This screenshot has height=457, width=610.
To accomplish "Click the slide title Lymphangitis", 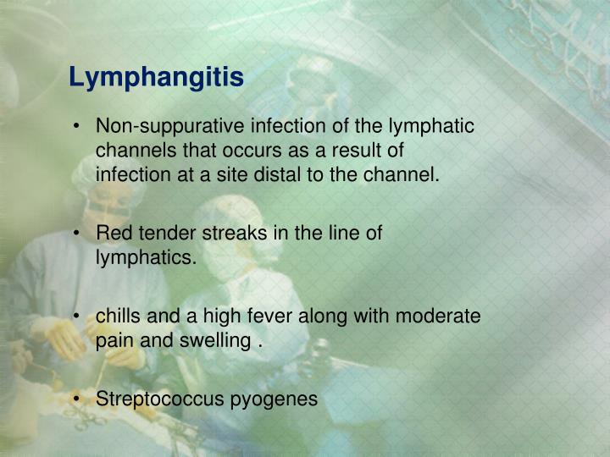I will point(156,77).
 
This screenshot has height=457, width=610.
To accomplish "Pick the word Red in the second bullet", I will point(112,234).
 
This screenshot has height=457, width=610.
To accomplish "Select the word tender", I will point(158,234).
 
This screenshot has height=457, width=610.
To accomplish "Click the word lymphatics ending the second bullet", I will point(144,258).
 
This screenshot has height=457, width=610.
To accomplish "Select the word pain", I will point(113,341).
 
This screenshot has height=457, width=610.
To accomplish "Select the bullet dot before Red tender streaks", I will point(76,234).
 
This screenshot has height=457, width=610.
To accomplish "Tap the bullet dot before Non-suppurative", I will point(76,127).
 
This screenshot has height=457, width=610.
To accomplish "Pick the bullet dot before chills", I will point(76,317).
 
